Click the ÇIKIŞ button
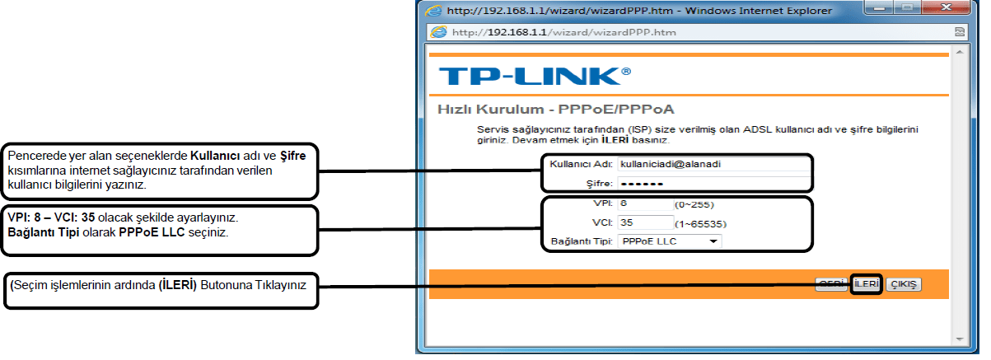click(x=903, y=284)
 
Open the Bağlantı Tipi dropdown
click(x=669, y=241)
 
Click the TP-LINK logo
click(x=535, y=76)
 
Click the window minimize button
click(x=898, y=10)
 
